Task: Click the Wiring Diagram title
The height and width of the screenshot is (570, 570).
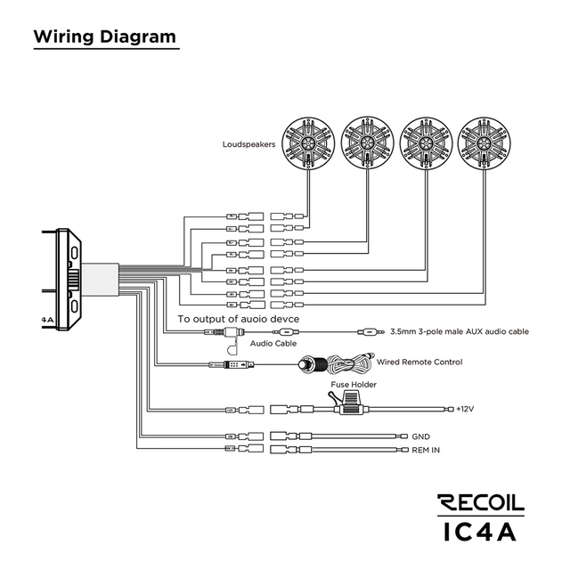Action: point(103,38)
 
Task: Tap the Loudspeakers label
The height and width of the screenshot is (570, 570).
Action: point(248,143)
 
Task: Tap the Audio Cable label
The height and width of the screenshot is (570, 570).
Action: point(273,343)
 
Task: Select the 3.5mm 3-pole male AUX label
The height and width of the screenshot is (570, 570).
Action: point(460,331)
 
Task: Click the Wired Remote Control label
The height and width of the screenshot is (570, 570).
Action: point(419,362)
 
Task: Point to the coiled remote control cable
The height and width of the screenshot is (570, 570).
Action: point(349,364)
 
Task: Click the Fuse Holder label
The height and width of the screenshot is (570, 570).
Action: point(354,385)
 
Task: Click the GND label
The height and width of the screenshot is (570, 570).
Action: point(421,436)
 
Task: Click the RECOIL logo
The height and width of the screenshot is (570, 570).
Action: point(481,503)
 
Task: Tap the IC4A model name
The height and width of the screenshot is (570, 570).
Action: point(481,531)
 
